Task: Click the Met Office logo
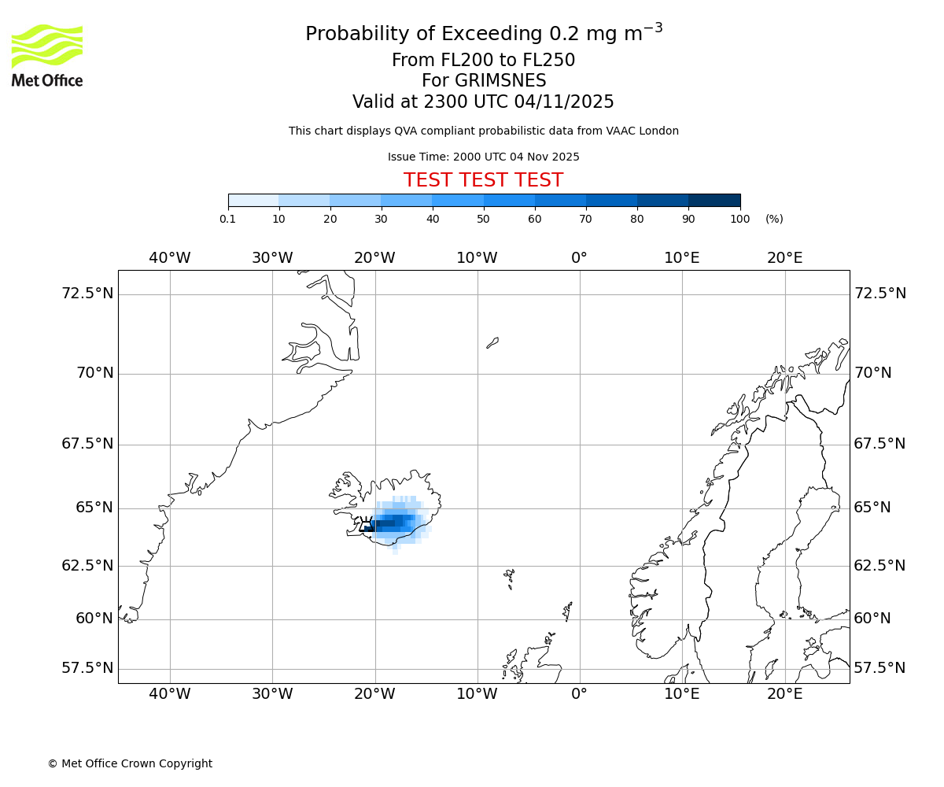tap(47, 55)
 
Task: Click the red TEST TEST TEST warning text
tap(483, 180)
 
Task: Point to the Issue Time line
tap(483, 157)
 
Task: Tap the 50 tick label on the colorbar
tap(483, 219)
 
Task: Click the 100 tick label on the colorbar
tap(739, 219)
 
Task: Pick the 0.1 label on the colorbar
tap(227, 219)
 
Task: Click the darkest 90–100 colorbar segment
tap(714, 201)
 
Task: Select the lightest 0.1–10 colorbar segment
tap(253, 201)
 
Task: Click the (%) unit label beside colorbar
tap(774, 219)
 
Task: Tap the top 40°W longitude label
tap(169, 258)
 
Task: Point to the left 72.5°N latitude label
tap(87, 294)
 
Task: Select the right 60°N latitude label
tap(872, 619)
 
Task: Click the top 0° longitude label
tap(579, 258)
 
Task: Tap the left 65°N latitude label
tap(94, 508)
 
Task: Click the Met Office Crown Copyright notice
tap(130, 763)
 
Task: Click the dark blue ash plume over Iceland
tap(391, 522)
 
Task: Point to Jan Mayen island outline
tap(492, 342)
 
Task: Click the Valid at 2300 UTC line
tap(483, 102)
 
